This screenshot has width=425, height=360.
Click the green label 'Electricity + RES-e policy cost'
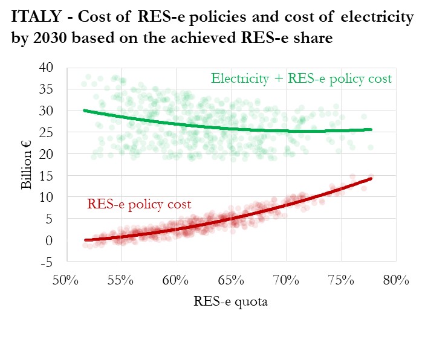click(301, 79)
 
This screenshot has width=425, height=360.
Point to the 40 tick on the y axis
click(47, 68)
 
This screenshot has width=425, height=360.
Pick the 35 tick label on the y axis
click(47, 89)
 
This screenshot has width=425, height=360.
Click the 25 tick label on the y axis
click(47, 132)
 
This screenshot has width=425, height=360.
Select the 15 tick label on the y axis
click(47, 176)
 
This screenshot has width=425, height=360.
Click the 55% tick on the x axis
click(122, 281)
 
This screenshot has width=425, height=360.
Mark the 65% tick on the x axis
click(231, 281)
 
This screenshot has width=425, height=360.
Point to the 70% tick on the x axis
click(286, 281)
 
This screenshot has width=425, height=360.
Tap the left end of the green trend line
click(84, 111)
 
